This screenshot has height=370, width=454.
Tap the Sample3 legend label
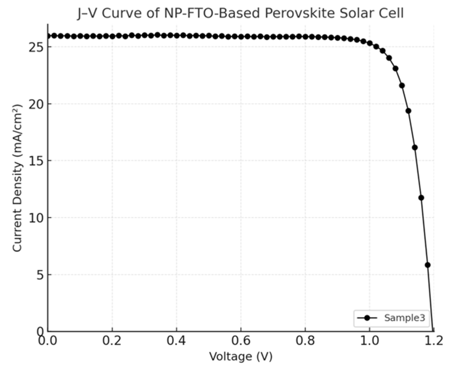click(x=405, y=318)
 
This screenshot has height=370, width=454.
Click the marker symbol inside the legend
click(x=367, y=318)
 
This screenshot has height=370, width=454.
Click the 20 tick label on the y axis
click(x=35, y=104)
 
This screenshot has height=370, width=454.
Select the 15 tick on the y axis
click(x=35, y=161)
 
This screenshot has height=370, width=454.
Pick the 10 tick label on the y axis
click(x=35, y=218)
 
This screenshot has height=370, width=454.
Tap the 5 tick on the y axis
click(x=39, y=274)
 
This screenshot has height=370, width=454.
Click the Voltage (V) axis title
click(x=241, y=356)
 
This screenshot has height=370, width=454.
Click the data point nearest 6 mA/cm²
click(x=428, y=265)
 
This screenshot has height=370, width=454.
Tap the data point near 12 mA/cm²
click(x=421, y=198)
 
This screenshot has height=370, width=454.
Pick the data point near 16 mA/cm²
click(x=415, y=147)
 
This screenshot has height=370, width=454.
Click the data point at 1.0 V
click(x=370, y=43)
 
